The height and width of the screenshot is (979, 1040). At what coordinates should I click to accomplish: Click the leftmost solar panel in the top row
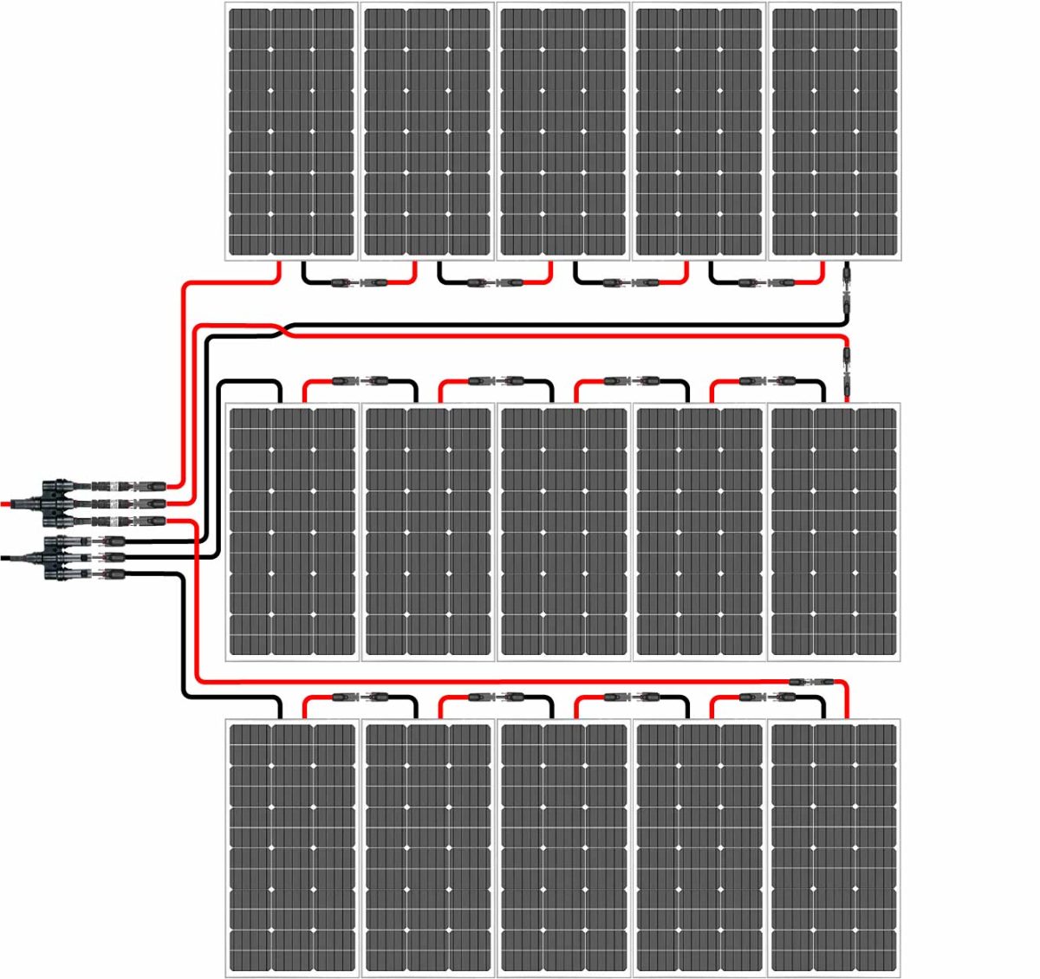(x=291, y=132)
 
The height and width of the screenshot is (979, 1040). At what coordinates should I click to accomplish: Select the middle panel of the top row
(x=563, y=132)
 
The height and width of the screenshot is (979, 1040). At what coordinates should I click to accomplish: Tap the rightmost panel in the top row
(x=835, y=132)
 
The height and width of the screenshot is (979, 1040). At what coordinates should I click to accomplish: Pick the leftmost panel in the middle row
(x=291, y=531)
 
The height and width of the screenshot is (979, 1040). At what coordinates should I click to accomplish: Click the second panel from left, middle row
(x=427, y=531)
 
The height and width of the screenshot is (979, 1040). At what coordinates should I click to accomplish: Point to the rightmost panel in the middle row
(x=835, y=531)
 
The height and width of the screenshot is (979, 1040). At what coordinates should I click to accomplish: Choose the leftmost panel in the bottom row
(x=291, y=846)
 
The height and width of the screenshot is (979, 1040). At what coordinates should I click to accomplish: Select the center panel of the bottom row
(x=563, y=846)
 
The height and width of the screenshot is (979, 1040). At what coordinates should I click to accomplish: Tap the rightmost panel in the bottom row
(x=835, y=846)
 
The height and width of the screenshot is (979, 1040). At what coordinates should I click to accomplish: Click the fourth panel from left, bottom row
(x=699, y=846)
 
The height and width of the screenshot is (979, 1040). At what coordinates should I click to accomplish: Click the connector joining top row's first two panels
(x=360, y=282)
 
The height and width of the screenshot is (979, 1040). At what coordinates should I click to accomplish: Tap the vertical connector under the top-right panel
(x=847, y=291)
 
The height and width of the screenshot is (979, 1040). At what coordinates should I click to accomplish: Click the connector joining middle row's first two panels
(x=360, y=380)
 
